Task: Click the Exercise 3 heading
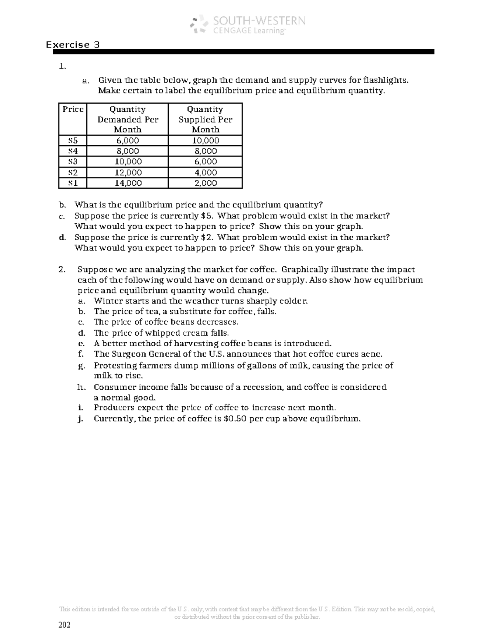[73, 45]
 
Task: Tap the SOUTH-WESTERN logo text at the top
[259, 21]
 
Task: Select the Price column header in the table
[73, 109]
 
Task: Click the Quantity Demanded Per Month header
[127, 119]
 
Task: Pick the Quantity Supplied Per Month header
[205, 119]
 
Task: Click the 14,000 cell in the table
[127, 183]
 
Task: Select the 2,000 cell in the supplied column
[205, 183]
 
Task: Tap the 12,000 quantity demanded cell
[127, 173]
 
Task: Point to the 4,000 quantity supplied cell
[205, 173]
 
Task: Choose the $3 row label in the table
[73, 162]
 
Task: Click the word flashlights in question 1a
[387, 80]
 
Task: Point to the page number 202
[65, 625]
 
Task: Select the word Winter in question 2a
[106, 301]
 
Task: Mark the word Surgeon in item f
[129, 354]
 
